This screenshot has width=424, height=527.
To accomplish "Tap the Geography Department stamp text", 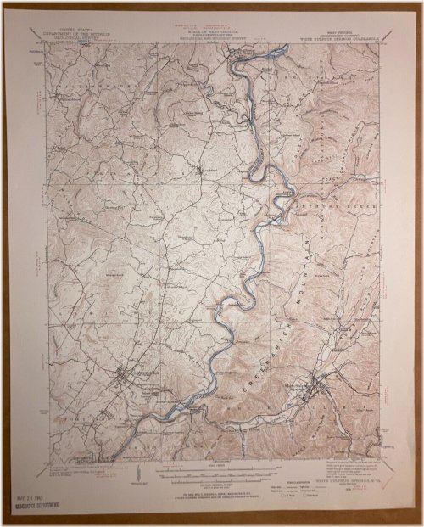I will [x=33, y=504].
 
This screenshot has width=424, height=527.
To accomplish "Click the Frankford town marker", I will [x=201, y=171].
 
